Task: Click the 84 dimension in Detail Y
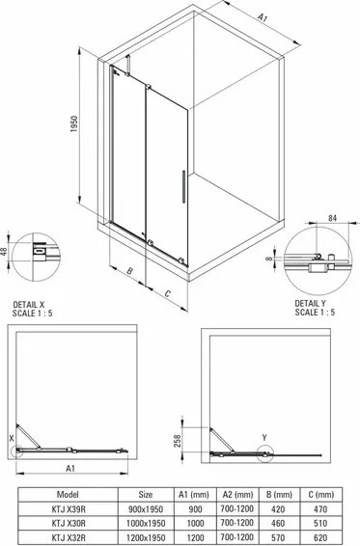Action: pyautogui.click(x=333, y=218)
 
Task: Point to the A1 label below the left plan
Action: pyautogui.click(x=70, y=467)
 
